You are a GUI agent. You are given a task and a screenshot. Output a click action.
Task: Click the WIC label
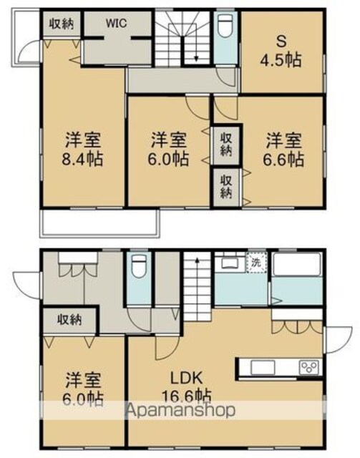coord(116,24)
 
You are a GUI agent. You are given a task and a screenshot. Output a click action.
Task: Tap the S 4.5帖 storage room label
coord(281,52)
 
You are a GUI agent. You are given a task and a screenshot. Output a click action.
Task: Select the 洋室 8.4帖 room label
coord(83,150)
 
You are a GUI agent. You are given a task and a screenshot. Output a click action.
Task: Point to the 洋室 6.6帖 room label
coord(283,150)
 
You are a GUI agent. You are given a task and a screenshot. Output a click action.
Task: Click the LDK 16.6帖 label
coord(186,387)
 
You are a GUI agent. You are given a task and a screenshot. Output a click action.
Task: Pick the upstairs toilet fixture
coord(225,26)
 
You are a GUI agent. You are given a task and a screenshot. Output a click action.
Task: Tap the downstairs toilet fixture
coord(139,265)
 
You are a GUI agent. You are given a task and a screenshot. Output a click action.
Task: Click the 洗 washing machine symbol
coord(256,263)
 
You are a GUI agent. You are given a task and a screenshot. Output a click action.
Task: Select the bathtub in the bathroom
coord(296,264)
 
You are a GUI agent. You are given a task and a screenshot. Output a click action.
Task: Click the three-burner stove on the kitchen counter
coord(309,366)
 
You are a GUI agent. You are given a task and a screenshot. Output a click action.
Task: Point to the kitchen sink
coord(263,367)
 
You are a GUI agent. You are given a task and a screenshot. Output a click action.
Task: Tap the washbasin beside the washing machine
coord(230,263)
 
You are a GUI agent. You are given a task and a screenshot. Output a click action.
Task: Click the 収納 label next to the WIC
coord(61,24)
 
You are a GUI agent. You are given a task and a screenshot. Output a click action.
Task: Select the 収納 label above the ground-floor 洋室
coord(69,320)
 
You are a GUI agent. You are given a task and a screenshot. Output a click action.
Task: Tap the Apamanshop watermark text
coord(181,410)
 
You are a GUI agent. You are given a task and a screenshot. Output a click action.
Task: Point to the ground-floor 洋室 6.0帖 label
coord(84,388)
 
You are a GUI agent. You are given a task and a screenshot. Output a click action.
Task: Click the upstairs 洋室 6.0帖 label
coord(169,150)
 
